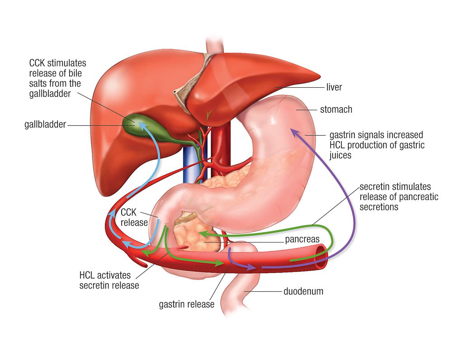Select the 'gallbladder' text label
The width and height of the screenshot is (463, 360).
[x=45, y=124]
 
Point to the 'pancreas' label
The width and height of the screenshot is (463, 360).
[x=302, y=239]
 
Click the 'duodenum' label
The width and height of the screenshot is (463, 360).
[x=303, y=292]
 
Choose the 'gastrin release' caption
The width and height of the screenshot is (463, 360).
[x=187, y=304]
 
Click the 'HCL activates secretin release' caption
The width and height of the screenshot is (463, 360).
[x=109, y=280]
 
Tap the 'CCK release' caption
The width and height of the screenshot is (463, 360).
[x=134, y=217]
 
